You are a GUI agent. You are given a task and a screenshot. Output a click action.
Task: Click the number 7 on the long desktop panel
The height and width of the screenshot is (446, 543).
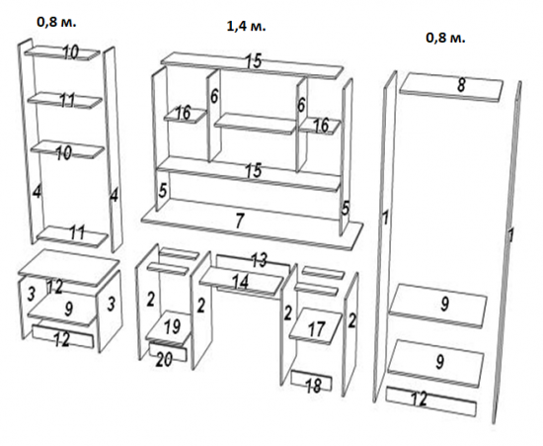239,221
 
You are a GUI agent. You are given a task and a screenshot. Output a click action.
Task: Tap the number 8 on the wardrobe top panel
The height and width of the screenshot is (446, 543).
461,85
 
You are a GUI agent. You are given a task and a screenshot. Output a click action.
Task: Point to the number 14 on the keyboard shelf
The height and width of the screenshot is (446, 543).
239,282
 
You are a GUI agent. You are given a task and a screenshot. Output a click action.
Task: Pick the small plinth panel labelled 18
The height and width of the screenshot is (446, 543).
312,381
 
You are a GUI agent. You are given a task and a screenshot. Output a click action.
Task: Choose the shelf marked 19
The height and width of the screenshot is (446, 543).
169,328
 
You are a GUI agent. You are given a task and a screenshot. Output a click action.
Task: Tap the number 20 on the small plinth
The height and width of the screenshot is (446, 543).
164,360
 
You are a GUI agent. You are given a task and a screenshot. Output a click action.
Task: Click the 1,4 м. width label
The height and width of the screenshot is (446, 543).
246,26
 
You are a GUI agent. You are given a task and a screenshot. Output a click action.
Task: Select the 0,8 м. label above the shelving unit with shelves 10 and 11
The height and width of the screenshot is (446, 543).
56,22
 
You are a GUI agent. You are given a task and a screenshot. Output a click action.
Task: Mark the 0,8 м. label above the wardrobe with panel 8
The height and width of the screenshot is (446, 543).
445,38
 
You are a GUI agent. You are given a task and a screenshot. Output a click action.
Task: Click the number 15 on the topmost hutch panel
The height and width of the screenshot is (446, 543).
254,61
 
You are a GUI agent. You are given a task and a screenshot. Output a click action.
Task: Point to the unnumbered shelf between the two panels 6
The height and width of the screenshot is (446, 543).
256,124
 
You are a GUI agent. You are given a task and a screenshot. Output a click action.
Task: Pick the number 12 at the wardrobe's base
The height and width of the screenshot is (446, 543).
419,400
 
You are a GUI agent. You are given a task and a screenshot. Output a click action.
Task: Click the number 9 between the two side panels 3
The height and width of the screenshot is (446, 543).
68,309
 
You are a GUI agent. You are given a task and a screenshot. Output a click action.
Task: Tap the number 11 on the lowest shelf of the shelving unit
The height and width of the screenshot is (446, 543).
77,232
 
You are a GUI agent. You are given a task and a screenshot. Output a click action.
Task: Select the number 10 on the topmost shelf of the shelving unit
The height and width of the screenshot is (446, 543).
71,52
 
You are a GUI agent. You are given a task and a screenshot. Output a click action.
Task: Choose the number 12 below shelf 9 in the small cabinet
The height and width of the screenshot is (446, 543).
62,339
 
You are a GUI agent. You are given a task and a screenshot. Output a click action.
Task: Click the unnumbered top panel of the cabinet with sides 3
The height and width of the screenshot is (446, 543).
69,267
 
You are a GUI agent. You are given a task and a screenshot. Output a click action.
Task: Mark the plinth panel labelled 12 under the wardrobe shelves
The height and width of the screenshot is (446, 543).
431,401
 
